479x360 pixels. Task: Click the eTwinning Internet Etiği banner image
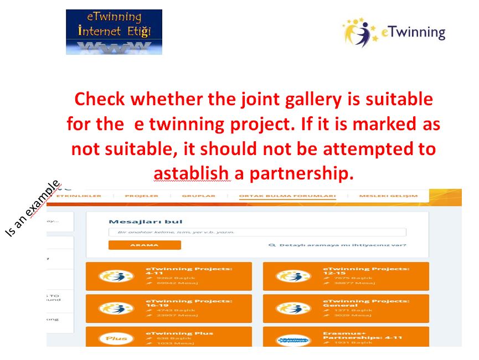click(114, 32)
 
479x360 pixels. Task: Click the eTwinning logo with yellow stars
click(393, 33)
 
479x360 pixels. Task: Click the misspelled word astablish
click(191, 173)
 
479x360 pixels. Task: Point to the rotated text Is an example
click(33, 209)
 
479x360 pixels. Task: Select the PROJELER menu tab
click(141, 196)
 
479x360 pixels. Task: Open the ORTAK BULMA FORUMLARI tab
click(287, 196)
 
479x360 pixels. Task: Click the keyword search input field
click(257, 232)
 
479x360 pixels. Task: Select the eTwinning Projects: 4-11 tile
click(169, 276)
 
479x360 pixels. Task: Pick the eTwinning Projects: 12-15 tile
click(346, 276)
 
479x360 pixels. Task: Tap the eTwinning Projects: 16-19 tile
click(169, 308)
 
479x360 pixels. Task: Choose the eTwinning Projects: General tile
click(346, 308)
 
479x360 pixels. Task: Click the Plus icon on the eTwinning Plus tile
click(116, 338)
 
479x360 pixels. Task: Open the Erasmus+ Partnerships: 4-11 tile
click(346, 338)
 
